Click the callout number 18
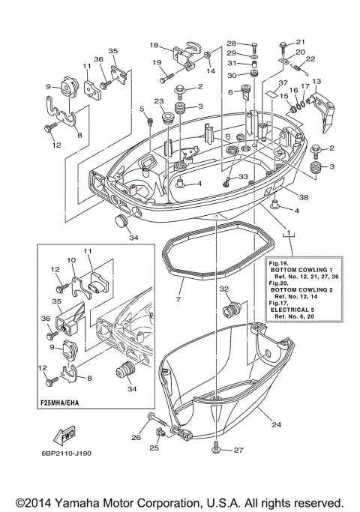(153, 45)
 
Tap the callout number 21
(301, 41)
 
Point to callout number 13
(316, 81)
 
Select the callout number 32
(223, 289)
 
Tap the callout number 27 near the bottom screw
(239, 450)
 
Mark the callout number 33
(242, 176)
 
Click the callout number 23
(159, 101)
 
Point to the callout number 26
(136, 438)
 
